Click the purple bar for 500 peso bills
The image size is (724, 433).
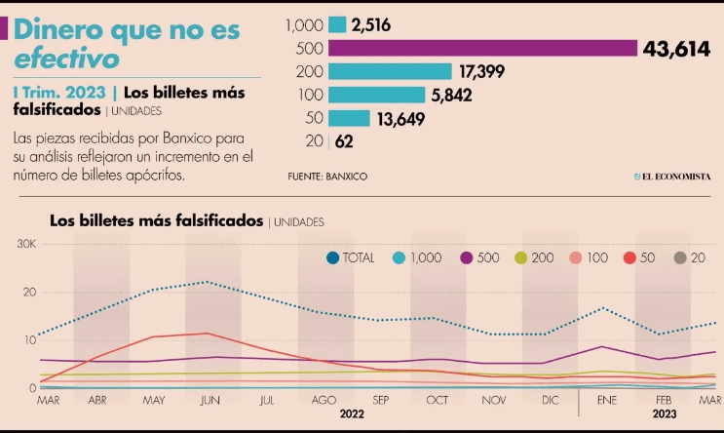click(482, 48)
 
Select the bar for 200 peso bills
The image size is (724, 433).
click(390, 71)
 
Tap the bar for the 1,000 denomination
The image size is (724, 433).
click(337, 24)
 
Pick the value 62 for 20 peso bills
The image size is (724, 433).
click(344, 142)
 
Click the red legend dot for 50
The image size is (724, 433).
click(629, 257)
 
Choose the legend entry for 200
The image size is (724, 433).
click(534, 257)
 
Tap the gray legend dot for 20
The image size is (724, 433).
click(680, 257)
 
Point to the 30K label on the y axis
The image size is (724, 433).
click(26, 243)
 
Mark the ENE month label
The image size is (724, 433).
click(606, 400)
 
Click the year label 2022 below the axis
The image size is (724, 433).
click(353, 413)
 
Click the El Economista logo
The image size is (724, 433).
click(672, 176)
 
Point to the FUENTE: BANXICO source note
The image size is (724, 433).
click(327, 176)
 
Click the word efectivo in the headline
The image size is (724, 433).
click(66, 59)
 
